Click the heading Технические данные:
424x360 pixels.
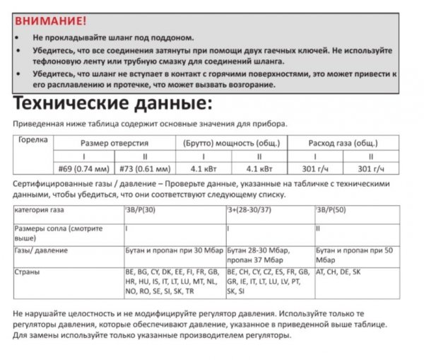[112, 105]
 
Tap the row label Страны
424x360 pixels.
[27, 272]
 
